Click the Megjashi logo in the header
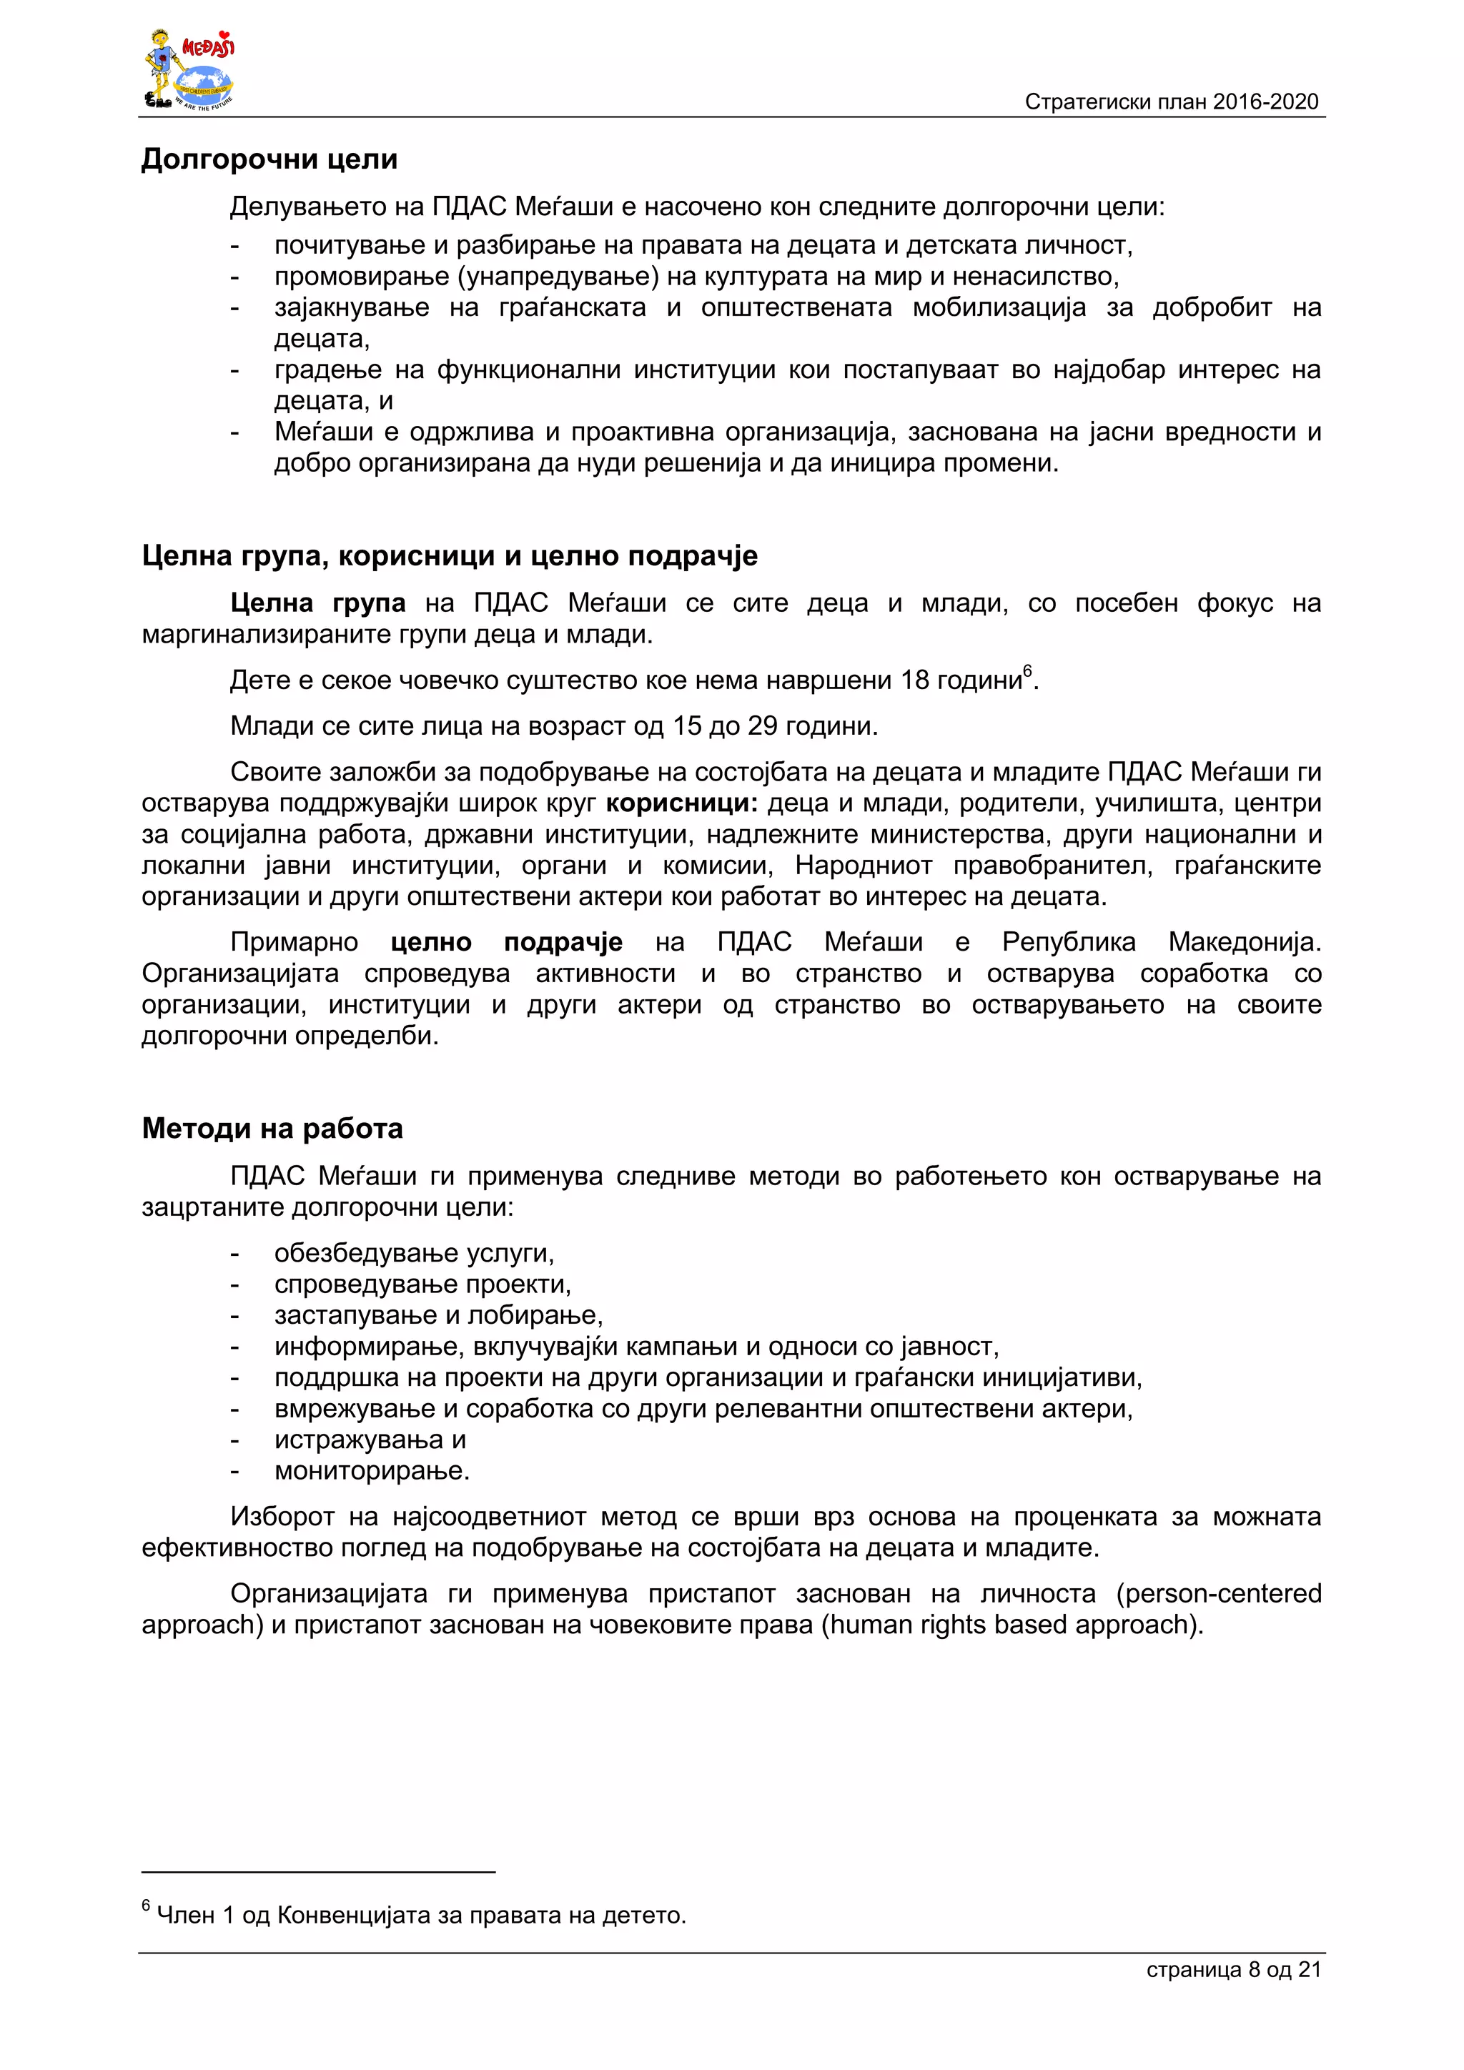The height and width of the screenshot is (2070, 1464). coord(189,69)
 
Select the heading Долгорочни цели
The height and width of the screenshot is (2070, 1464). coord(269,159)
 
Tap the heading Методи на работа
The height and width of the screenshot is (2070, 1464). coord(272,1128)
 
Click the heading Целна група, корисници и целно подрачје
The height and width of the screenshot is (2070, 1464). coord(449,555)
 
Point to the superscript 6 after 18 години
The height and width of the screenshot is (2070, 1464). coord(1027,670)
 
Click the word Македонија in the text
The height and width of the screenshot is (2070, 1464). coord(1244,942)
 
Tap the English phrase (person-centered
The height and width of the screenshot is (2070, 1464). coord(1219,1593)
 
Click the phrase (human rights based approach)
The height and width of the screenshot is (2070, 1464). coord(1012,1625)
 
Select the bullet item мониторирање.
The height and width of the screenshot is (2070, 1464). coord(372,1470)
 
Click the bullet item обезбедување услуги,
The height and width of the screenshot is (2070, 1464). coord(414,1253)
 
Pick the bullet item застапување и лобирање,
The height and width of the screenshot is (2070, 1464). coord(438,1315)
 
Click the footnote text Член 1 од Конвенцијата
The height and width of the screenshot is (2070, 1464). coord(421,1914)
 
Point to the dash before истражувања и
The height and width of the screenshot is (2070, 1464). coord(235,1440)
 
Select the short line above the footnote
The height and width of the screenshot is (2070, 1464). coord(318,1872)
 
